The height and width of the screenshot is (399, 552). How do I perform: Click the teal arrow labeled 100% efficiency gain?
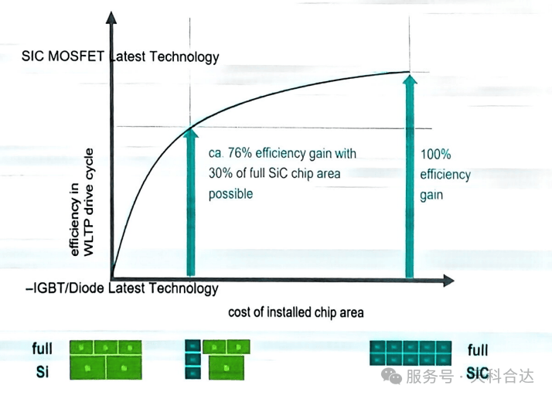coord(410,176)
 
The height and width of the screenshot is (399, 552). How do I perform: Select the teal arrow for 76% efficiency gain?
coord(190,202)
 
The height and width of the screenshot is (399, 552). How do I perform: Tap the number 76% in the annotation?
coord(240,153)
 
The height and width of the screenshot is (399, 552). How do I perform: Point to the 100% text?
coord(435,154)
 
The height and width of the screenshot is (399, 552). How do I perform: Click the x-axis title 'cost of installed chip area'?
coord(295,312)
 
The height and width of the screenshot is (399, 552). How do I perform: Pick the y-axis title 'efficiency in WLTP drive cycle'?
coord(82,202)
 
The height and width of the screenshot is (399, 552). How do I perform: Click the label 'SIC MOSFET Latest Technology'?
coord(121,56)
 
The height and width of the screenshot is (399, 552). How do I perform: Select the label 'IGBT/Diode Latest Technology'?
coord(122,288)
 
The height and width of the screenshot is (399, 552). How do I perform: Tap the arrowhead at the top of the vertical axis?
coord(111,18)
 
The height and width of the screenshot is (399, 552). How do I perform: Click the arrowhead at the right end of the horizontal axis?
coord(448,281)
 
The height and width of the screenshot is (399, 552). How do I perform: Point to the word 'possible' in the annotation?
coord(230,194)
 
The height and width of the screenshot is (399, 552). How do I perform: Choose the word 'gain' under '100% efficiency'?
coord(431,196)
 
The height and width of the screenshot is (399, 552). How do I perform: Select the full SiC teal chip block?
coord(411,353)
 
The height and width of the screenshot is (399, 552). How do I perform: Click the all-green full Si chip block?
coord(106,360)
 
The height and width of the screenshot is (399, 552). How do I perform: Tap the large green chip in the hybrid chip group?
coord(226,367)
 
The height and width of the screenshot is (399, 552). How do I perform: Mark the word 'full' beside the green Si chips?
coord(43,348)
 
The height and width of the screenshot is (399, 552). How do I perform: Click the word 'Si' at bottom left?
coord(43,372)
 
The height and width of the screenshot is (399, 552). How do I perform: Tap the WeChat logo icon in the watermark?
coord(391,375)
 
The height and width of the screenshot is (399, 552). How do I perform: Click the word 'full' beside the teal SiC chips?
coord(478,350)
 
